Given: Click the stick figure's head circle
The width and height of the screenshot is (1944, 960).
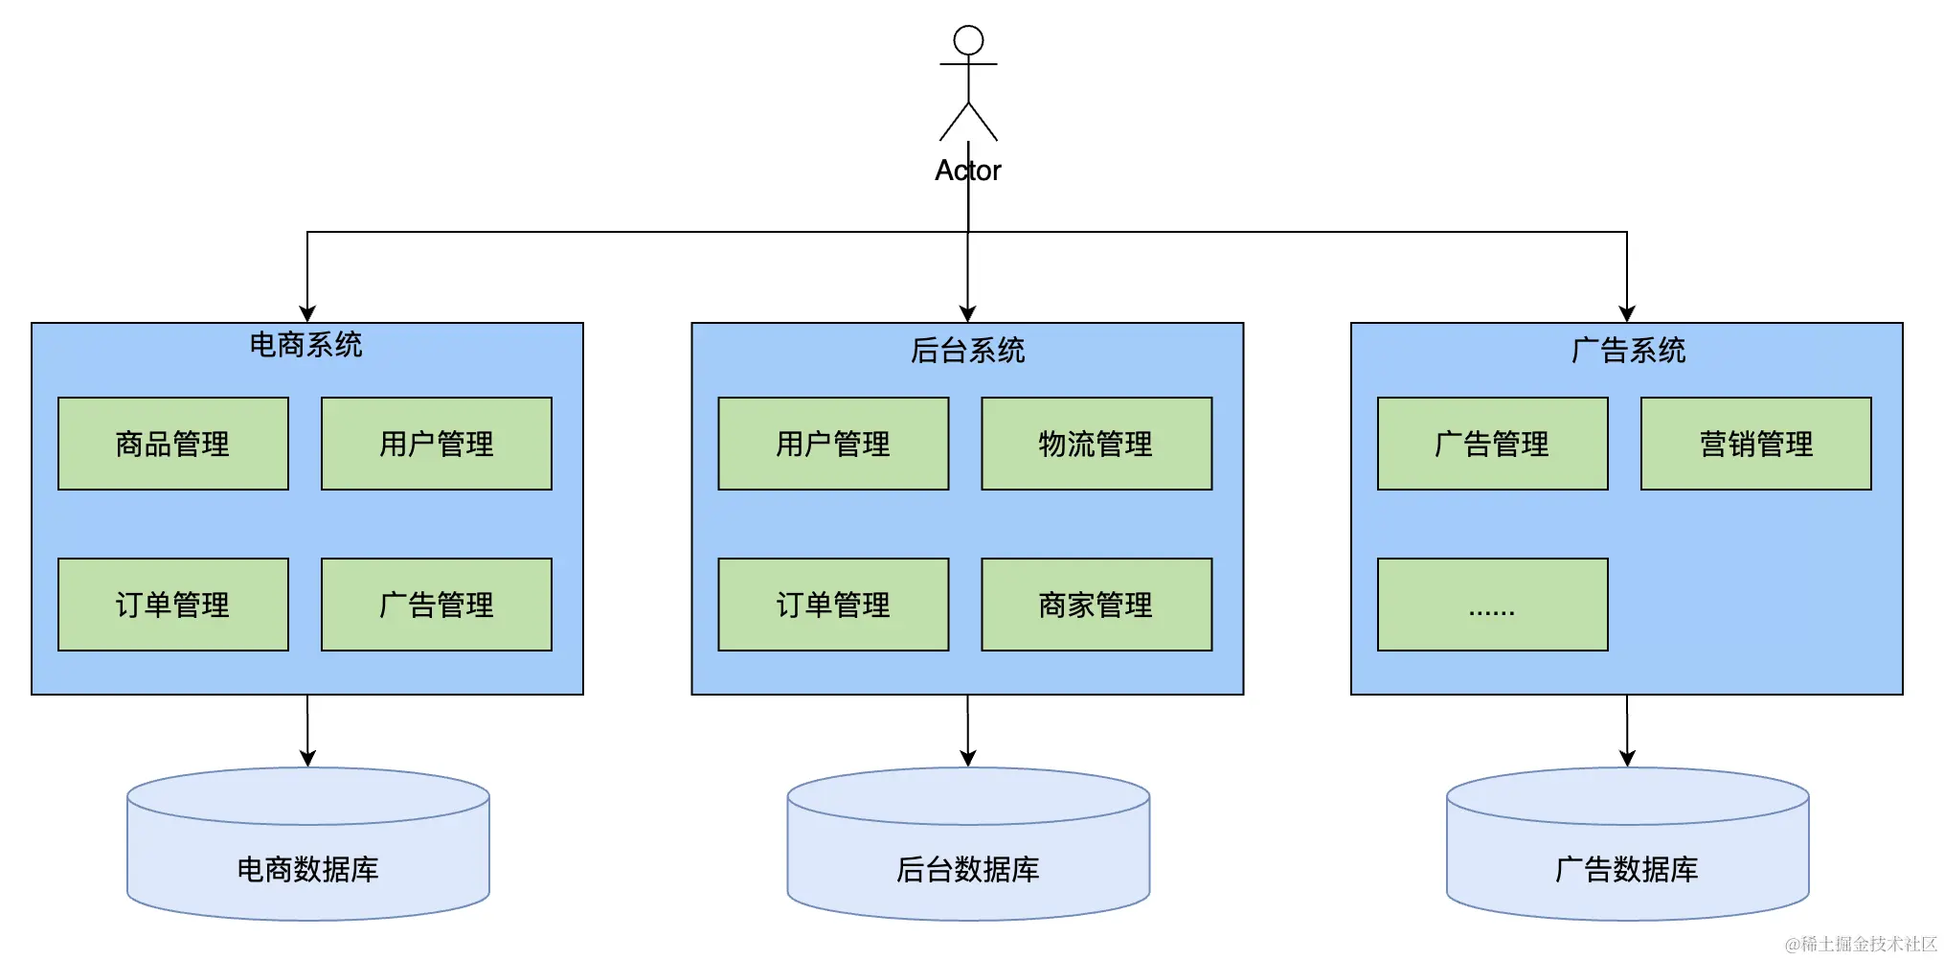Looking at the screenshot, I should coord(968,40).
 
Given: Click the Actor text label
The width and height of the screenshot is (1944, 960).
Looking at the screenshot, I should coord(968,171).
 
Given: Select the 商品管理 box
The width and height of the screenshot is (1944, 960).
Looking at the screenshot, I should coord(173,444).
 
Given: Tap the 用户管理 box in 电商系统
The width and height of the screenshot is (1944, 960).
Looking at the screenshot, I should coord(437,444).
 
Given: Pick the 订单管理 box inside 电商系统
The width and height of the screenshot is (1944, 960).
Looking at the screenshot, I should coord(173,605).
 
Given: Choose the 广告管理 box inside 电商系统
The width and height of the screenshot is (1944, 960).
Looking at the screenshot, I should coord(437,605).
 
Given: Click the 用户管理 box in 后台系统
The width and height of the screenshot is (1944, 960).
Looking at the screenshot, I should coord(833,444).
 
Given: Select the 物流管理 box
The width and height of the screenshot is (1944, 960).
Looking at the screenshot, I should coord(1096,444).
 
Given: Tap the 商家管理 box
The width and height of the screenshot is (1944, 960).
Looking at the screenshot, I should coord(1096,605).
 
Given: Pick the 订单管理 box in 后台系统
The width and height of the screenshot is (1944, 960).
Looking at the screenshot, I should coord(833,605).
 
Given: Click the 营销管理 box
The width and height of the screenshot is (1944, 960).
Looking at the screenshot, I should coord(1756,444).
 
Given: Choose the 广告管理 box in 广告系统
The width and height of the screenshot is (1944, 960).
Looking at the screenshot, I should coord(1493,444).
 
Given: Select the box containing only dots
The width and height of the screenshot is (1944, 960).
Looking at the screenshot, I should coord(1493,605).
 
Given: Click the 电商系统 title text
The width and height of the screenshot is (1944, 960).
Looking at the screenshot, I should coord(306,345).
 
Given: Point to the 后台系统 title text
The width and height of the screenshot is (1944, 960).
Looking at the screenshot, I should coord(968,351).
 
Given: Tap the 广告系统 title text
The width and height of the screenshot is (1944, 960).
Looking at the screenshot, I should coord(1628,351).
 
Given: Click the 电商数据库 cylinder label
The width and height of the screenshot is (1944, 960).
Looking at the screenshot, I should coord(308,869).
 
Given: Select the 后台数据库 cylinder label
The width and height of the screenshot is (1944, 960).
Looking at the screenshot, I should coord(968,869).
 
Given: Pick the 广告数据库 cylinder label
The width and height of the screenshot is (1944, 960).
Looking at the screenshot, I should coord(1627,869).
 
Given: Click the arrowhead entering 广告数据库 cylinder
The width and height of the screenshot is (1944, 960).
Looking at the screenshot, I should coord(1627,758).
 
